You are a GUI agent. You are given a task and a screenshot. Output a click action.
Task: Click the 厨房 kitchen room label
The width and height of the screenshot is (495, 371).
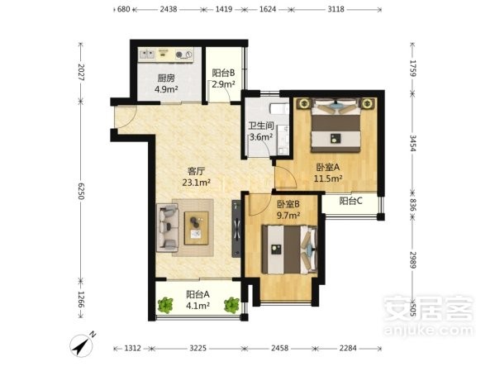[x=166, y=78]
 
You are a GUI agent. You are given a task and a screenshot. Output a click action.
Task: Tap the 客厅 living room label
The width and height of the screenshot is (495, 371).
[x=197, y=171]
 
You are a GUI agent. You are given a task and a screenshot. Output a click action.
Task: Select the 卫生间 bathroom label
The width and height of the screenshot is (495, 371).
[x=261, y=126]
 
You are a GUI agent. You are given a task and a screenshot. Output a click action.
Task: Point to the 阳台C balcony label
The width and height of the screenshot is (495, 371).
[x=350, y=201]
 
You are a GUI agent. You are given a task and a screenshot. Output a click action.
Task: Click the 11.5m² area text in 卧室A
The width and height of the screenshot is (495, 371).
[x=328, y=178]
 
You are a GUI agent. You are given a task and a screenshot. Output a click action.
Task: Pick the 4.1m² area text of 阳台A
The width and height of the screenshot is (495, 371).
[x=198, y=306]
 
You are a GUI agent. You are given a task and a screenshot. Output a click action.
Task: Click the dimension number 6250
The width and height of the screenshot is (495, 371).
[x=81, y=191]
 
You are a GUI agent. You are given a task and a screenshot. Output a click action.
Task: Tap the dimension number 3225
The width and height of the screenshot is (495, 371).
[x=198, y=348]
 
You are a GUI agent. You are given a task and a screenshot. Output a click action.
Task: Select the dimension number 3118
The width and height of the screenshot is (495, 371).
[x=336, y=9]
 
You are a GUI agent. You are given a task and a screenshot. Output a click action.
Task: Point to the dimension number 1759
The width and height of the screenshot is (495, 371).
[x=413, y=68]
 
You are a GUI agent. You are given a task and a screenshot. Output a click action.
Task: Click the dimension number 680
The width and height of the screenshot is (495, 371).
[x=123, y=9]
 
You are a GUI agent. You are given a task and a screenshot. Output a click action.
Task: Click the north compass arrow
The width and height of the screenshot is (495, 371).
[x=82, y=345]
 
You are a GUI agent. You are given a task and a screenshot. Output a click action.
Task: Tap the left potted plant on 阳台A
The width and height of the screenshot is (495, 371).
[x=165, y=306]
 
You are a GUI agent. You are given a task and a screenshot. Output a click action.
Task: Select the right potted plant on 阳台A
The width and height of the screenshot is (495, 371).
[x=231, y=306]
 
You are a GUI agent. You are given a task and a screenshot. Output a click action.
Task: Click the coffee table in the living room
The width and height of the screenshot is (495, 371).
[x=197, y=228]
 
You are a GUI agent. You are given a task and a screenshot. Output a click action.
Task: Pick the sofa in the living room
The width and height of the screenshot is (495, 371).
[x=167, y=228]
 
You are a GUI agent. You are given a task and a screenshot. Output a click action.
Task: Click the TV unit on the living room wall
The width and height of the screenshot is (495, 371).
[x=236, y=229]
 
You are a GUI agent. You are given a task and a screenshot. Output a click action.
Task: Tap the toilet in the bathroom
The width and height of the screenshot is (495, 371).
[x=278, y=109]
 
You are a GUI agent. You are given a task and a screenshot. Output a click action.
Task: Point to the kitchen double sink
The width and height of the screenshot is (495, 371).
[x=147, y=54]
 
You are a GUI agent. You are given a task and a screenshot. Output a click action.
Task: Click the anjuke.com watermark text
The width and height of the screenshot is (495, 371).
[x=428, y=331]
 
